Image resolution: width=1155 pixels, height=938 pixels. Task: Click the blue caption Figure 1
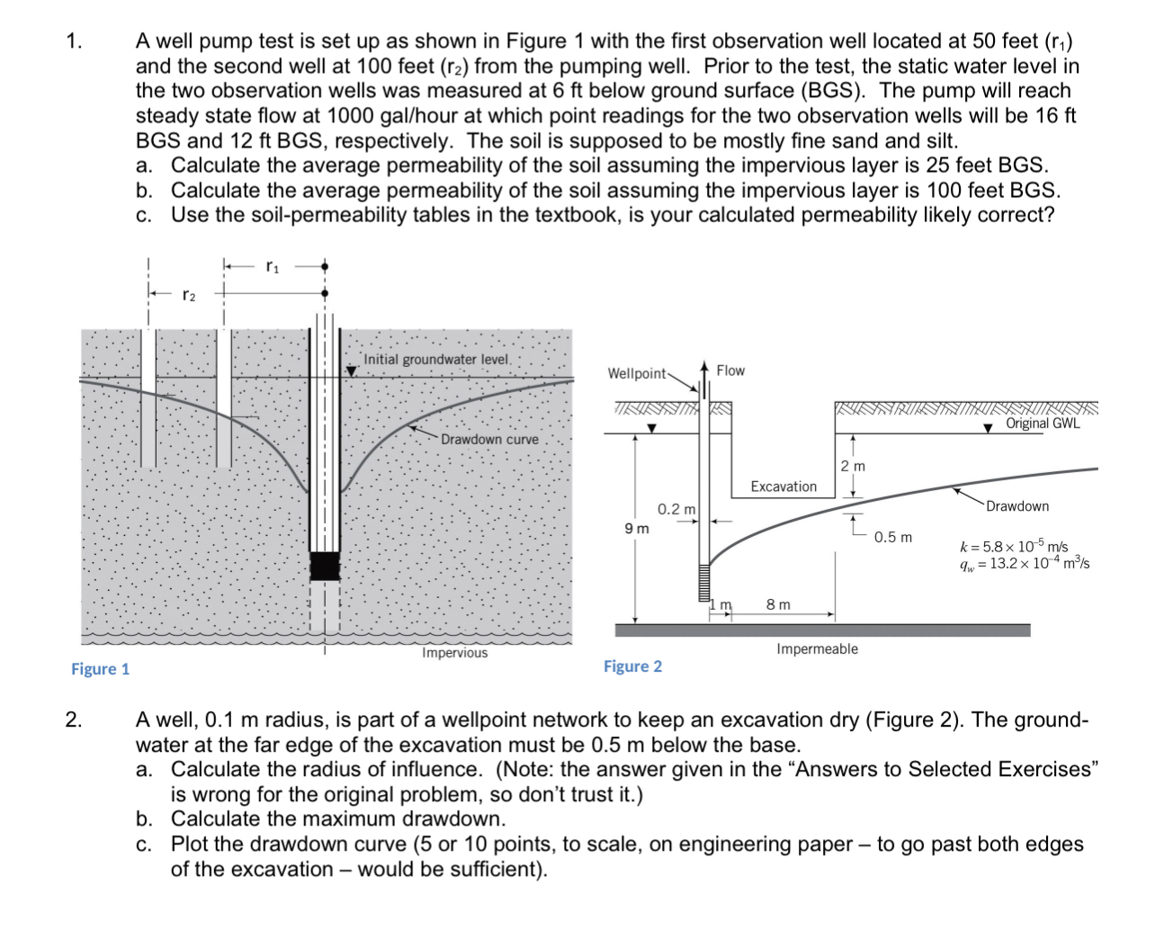[100, 669]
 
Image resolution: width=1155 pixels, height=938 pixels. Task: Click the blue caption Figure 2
[632, 666]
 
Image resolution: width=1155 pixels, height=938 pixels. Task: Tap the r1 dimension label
[273, 266]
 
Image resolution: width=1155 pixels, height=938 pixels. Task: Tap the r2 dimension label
[188, 294]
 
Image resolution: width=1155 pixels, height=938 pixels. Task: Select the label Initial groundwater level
[436, 360]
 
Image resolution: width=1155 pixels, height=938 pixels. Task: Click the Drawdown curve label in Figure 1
[489, 440]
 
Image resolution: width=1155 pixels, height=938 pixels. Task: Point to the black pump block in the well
[325, 566]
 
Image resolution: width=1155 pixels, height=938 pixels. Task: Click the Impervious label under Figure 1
[454, 653]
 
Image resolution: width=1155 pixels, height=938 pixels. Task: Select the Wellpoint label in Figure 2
[637, 373]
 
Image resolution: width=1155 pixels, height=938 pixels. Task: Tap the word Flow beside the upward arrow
[730, 371]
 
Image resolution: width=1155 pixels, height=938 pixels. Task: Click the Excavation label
[783, 487]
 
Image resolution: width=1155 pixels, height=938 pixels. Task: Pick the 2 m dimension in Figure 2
[853, 466]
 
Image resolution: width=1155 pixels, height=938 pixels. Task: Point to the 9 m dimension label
[637, 529]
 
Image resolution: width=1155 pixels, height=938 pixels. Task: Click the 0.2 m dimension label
[676, 509]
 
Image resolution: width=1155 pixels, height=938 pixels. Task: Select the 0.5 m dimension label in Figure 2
[892, 537]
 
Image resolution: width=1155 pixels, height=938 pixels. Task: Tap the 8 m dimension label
[778, 604]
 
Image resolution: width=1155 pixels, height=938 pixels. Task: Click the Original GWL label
[1043, 424]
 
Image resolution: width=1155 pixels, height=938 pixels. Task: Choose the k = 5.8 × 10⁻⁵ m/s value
[1014, 547]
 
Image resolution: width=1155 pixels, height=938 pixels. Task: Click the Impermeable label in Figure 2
[817, 649]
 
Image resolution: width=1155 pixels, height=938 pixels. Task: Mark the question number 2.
[74, 719]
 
